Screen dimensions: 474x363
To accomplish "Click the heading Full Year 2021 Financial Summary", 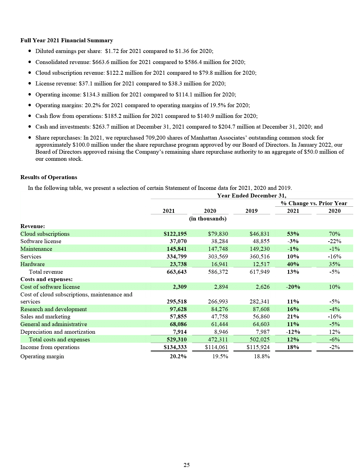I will pos(67,40).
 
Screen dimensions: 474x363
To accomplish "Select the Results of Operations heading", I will pos(49,177).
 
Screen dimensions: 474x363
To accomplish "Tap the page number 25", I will pos(186,465).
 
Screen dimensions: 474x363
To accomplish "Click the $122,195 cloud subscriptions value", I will pos(175,234).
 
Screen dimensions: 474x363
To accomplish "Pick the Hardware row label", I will pos(32,264).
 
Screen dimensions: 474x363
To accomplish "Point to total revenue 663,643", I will pos(176,272).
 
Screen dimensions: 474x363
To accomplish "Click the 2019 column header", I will pos(251,211).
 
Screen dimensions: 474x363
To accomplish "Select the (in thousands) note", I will pos(208,219).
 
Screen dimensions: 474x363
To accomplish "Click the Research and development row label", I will pos(53,309).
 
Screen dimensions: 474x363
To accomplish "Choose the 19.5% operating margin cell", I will pos(220,356).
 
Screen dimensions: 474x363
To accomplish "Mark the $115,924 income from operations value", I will pos(258,347).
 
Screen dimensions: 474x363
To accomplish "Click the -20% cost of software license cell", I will pos(293,287).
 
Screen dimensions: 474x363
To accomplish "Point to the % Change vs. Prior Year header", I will pos(314,203).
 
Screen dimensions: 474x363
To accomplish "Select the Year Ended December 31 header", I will pos(251,196).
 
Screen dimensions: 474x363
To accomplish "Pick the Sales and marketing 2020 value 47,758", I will pos(219,317).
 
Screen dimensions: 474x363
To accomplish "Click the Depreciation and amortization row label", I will pos(58,332).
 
